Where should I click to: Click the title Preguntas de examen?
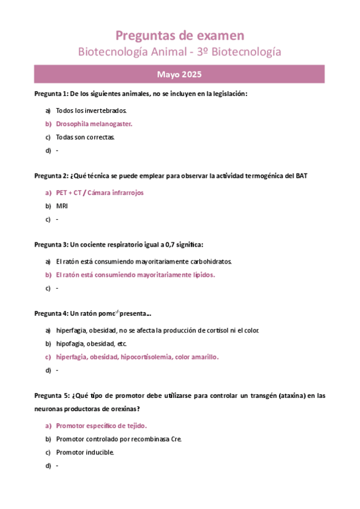coord(179,35)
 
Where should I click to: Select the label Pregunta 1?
coord(51,94)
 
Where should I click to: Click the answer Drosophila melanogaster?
coord(94,124)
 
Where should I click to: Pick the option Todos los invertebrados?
coord(91,110)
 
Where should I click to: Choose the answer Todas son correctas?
coord(85,137)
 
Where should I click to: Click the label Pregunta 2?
coord(51,176)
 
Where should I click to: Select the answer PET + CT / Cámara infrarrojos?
coord(100,193)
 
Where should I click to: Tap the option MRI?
coord(62,206)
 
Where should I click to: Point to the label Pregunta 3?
coord(51,244)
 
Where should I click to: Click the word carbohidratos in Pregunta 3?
coord(210,262)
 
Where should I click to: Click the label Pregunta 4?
coord(51,313)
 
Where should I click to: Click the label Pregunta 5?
coord(51,396)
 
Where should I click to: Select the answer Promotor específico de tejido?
coord(102,426)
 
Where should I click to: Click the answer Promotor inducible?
coord(85,452)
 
